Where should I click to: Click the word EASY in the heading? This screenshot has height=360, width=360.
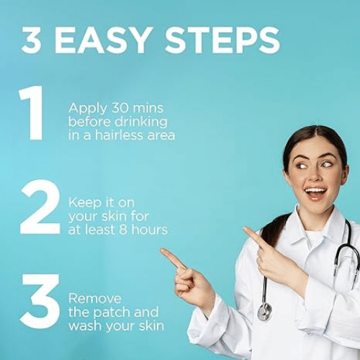pyautogui.click(x=104, y=40)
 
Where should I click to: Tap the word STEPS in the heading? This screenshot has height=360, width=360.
pyautogui.click(x=222, y=40)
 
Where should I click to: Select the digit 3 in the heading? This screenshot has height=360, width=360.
pyautogui.click(x=31, y=40)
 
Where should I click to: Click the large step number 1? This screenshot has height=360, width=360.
pyautogui.click(x=32, y=112)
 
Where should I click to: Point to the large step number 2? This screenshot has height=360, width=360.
pyautogui.click(x=40, y=207)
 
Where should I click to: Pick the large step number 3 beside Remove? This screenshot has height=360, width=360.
pyautogui.click(x=40, y=301)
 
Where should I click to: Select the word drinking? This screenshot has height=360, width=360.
pyautogui.click(x=141, y=122)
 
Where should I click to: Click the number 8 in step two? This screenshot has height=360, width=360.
pyautogui.click(x=123, y=230)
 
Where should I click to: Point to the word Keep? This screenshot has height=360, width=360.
pyautogui.click(x=85, y=203)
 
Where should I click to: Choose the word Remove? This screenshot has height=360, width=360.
pyautogui.click(x=95, y=299)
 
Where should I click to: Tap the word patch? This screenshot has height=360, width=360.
pyautogui.click(x=112, y=312)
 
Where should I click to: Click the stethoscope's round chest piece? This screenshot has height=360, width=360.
pyautogui.click(x=264, y=312)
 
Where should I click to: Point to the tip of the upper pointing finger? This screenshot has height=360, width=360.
pyautogui.click(x=245, y=228)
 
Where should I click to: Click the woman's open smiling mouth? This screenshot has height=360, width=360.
pyautogui.click(x=315, y=193)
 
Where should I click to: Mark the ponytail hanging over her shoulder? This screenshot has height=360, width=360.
pyautogui.click(x=274, y=228)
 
